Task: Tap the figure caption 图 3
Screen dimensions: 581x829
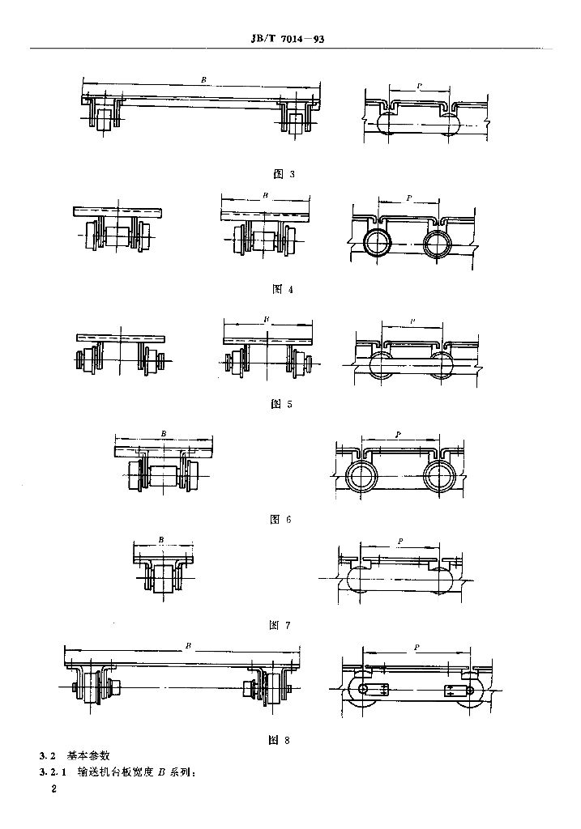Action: [x=284, y=174]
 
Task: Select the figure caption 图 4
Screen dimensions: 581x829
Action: [x=283, y=289]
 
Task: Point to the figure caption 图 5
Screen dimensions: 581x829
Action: [x=281, y=404]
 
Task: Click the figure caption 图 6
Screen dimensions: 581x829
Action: [x=280, y=519]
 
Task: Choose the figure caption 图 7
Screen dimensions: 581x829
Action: [x=280, y=625]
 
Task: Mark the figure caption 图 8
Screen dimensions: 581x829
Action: [x=279, y=740]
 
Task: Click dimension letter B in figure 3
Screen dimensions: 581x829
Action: [x=203, y=80]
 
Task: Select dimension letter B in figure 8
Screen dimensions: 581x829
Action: [x=188, y=645]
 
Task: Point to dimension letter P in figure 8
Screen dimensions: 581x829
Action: [x=417, y=647]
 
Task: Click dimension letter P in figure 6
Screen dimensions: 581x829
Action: [x=398, y=435]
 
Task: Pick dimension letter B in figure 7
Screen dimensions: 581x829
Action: [x=161, y=540]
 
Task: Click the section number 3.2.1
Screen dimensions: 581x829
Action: [x=53, y=772]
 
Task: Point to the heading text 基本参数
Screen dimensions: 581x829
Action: [x=88, y=755]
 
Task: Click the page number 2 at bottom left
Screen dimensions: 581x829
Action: [x=53, y=789]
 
